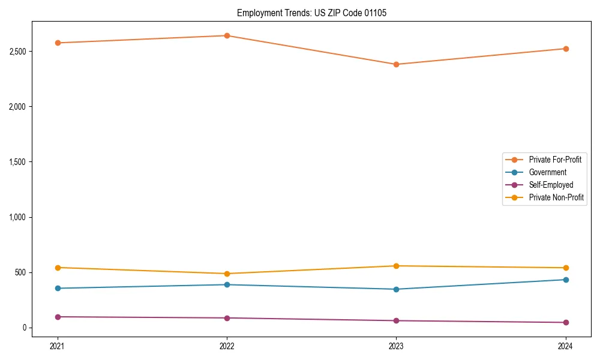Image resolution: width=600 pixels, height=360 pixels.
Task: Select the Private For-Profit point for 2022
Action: (x=227, y=35)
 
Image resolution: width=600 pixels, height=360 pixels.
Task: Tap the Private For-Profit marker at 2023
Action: (x=396, y=64)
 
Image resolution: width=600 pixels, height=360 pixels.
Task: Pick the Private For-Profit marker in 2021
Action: (x=58, y=43)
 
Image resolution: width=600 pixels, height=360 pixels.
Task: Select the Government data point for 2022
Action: (x=227, y=284)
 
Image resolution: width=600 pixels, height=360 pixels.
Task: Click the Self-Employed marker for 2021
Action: (x=58, y=317)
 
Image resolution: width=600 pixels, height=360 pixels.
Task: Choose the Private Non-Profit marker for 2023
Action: (x=396, y=266)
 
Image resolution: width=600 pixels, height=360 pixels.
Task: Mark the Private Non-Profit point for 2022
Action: (x=227, y=274)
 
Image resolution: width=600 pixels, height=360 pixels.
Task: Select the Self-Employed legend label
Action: (x=551, y=185)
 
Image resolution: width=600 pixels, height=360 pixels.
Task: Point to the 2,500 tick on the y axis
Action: (x=17, y=52)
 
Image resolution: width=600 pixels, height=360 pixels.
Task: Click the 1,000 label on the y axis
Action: (x=17, y=217)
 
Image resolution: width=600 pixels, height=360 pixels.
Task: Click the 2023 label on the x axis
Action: (x=396, y=346)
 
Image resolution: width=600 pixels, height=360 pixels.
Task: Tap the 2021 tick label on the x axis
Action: (x=58, y=346)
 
